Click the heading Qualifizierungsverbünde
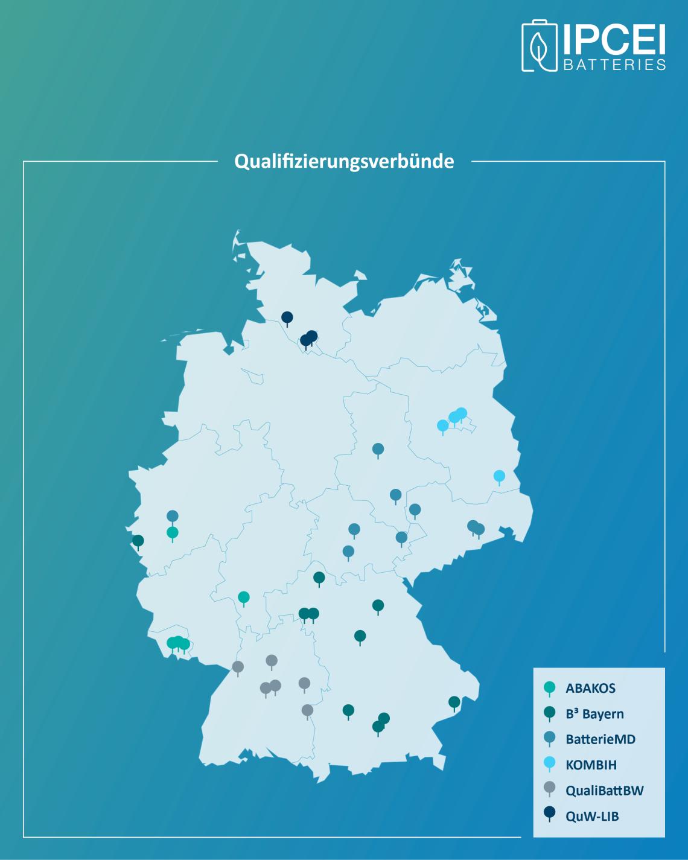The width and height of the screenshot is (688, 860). [344, 162]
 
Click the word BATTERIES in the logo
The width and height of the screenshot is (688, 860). [614, 65]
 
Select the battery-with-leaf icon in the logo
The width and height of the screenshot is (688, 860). [540, 46]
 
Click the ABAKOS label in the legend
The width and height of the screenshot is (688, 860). [590, 688]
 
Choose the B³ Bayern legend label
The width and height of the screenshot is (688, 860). [594, 714]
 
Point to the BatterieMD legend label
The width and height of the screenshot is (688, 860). [600, 739]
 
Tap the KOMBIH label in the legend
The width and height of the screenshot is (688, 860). [590, 765]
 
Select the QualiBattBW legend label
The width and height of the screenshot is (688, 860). [604, 790]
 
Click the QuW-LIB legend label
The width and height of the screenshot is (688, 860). [592, 816]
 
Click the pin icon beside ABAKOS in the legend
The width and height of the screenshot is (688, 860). [549, 688]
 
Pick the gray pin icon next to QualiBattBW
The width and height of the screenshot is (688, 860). [549, 790]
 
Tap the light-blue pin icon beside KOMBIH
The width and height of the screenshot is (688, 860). [549, 765]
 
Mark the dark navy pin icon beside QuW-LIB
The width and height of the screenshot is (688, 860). [549, 816]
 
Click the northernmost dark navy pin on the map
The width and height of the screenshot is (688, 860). [287, 317]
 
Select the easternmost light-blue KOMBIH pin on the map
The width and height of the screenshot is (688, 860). [499, 476]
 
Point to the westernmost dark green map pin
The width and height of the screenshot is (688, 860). [138, 541]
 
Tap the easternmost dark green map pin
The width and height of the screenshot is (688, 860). [454, 702]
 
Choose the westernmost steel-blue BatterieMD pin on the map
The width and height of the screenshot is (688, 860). [173, 517]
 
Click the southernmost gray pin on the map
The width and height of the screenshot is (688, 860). [307, 711]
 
